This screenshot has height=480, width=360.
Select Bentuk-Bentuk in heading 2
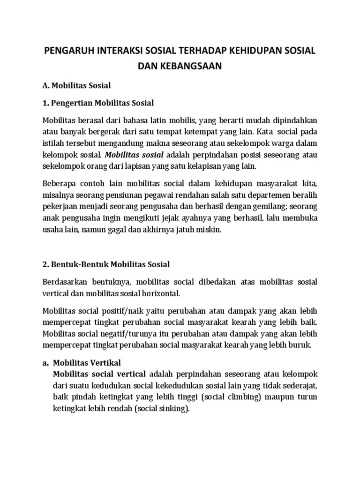click(80, 265)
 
